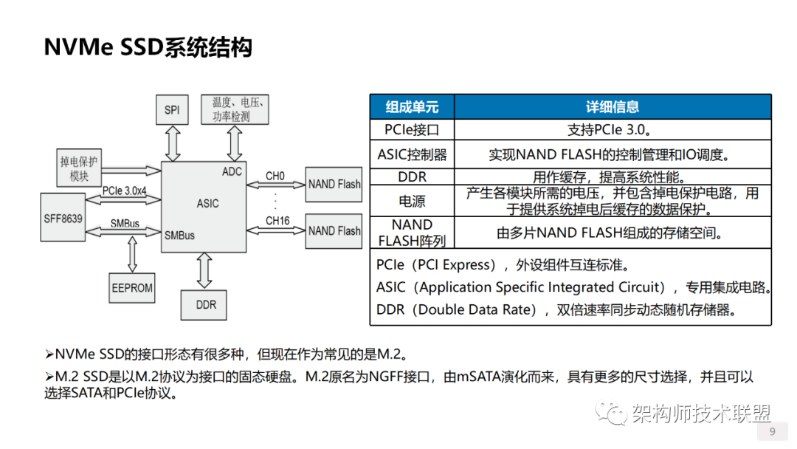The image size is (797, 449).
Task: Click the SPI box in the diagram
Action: [172, 110]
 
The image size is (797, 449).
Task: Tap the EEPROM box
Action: [131, 287]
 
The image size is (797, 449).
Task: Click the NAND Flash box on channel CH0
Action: [334, 184]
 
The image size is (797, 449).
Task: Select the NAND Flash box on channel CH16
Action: [334, 230]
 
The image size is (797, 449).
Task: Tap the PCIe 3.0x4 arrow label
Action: [125, 191]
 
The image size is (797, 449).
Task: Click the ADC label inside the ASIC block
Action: [232, 171]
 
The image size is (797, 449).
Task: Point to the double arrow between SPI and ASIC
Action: [173, 143]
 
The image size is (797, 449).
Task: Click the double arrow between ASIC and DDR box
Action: [204, 271]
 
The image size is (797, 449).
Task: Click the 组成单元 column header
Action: [412, 107]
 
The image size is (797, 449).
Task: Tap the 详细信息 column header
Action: [612, 107]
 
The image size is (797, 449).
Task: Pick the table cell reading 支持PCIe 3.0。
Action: [612, 130]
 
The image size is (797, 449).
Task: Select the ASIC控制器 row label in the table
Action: [412, 155]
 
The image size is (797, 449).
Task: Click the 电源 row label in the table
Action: [412, 201]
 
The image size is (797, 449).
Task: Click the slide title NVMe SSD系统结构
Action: [148, 47]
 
